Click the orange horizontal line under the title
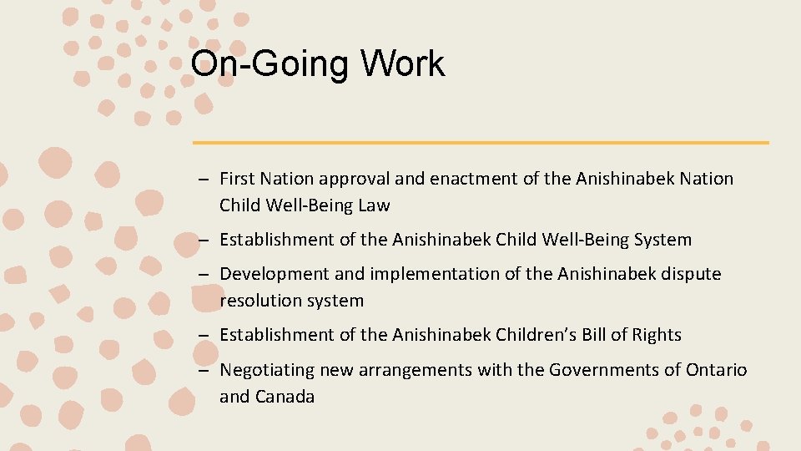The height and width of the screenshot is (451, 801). [481, 143]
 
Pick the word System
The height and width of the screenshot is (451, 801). [662, 241]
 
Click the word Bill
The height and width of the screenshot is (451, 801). [622, 336]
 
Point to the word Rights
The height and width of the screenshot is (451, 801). [659, 336]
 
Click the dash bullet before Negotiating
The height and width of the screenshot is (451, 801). [203, 370]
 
